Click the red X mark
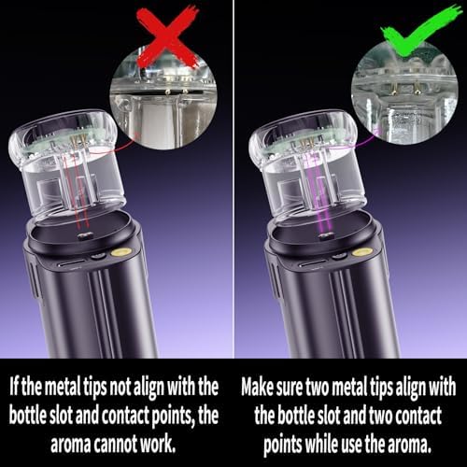click(x=168, y=36)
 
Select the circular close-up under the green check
click(x=404, y=93)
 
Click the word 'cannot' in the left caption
click(x=115, y=444)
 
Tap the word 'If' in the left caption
click(x=14, y=386)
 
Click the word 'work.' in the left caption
click(x=158, y=444)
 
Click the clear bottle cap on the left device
click(x=64, y=166)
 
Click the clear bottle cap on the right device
click(x=304, y=166)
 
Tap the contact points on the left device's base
click(x=84, y=235)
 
